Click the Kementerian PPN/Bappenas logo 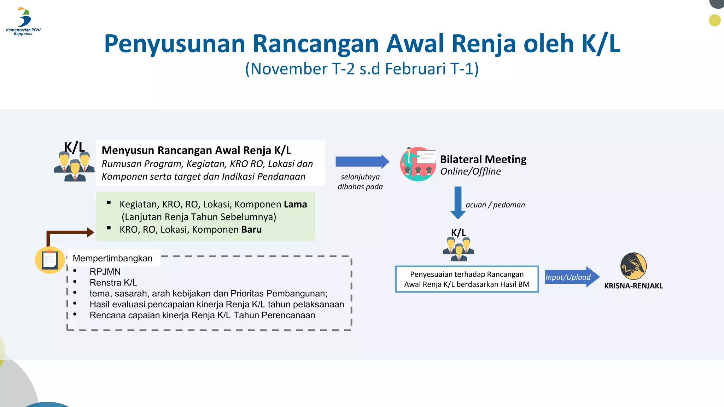tap(24, 21)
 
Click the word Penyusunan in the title tap(175, 44)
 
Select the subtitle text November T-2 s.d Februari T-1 tap(362, 69)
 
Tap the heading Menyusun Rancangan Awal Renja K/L tap(196, 151)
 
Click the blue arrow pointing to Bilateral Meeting tap(362, 162)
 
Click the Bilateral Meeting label tap(483, 159)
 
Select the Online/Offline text tap(470, 172)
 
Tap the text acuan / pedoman tap(495, 205)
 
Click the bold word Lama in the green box tap(295, 205)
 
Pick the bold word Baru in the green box tap(251, 230)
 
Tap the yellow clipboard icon tap(50, 260)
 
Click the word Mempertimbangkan tap(112, 258)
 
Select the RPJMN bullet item tap(105, 272)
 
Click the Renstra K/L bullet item tap(113, 283)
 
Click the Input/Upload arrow tap(571, 277)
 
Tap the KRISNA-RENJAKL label tap(633, 286)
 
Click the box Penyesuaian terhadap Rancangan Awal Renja tap(467, 279)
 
